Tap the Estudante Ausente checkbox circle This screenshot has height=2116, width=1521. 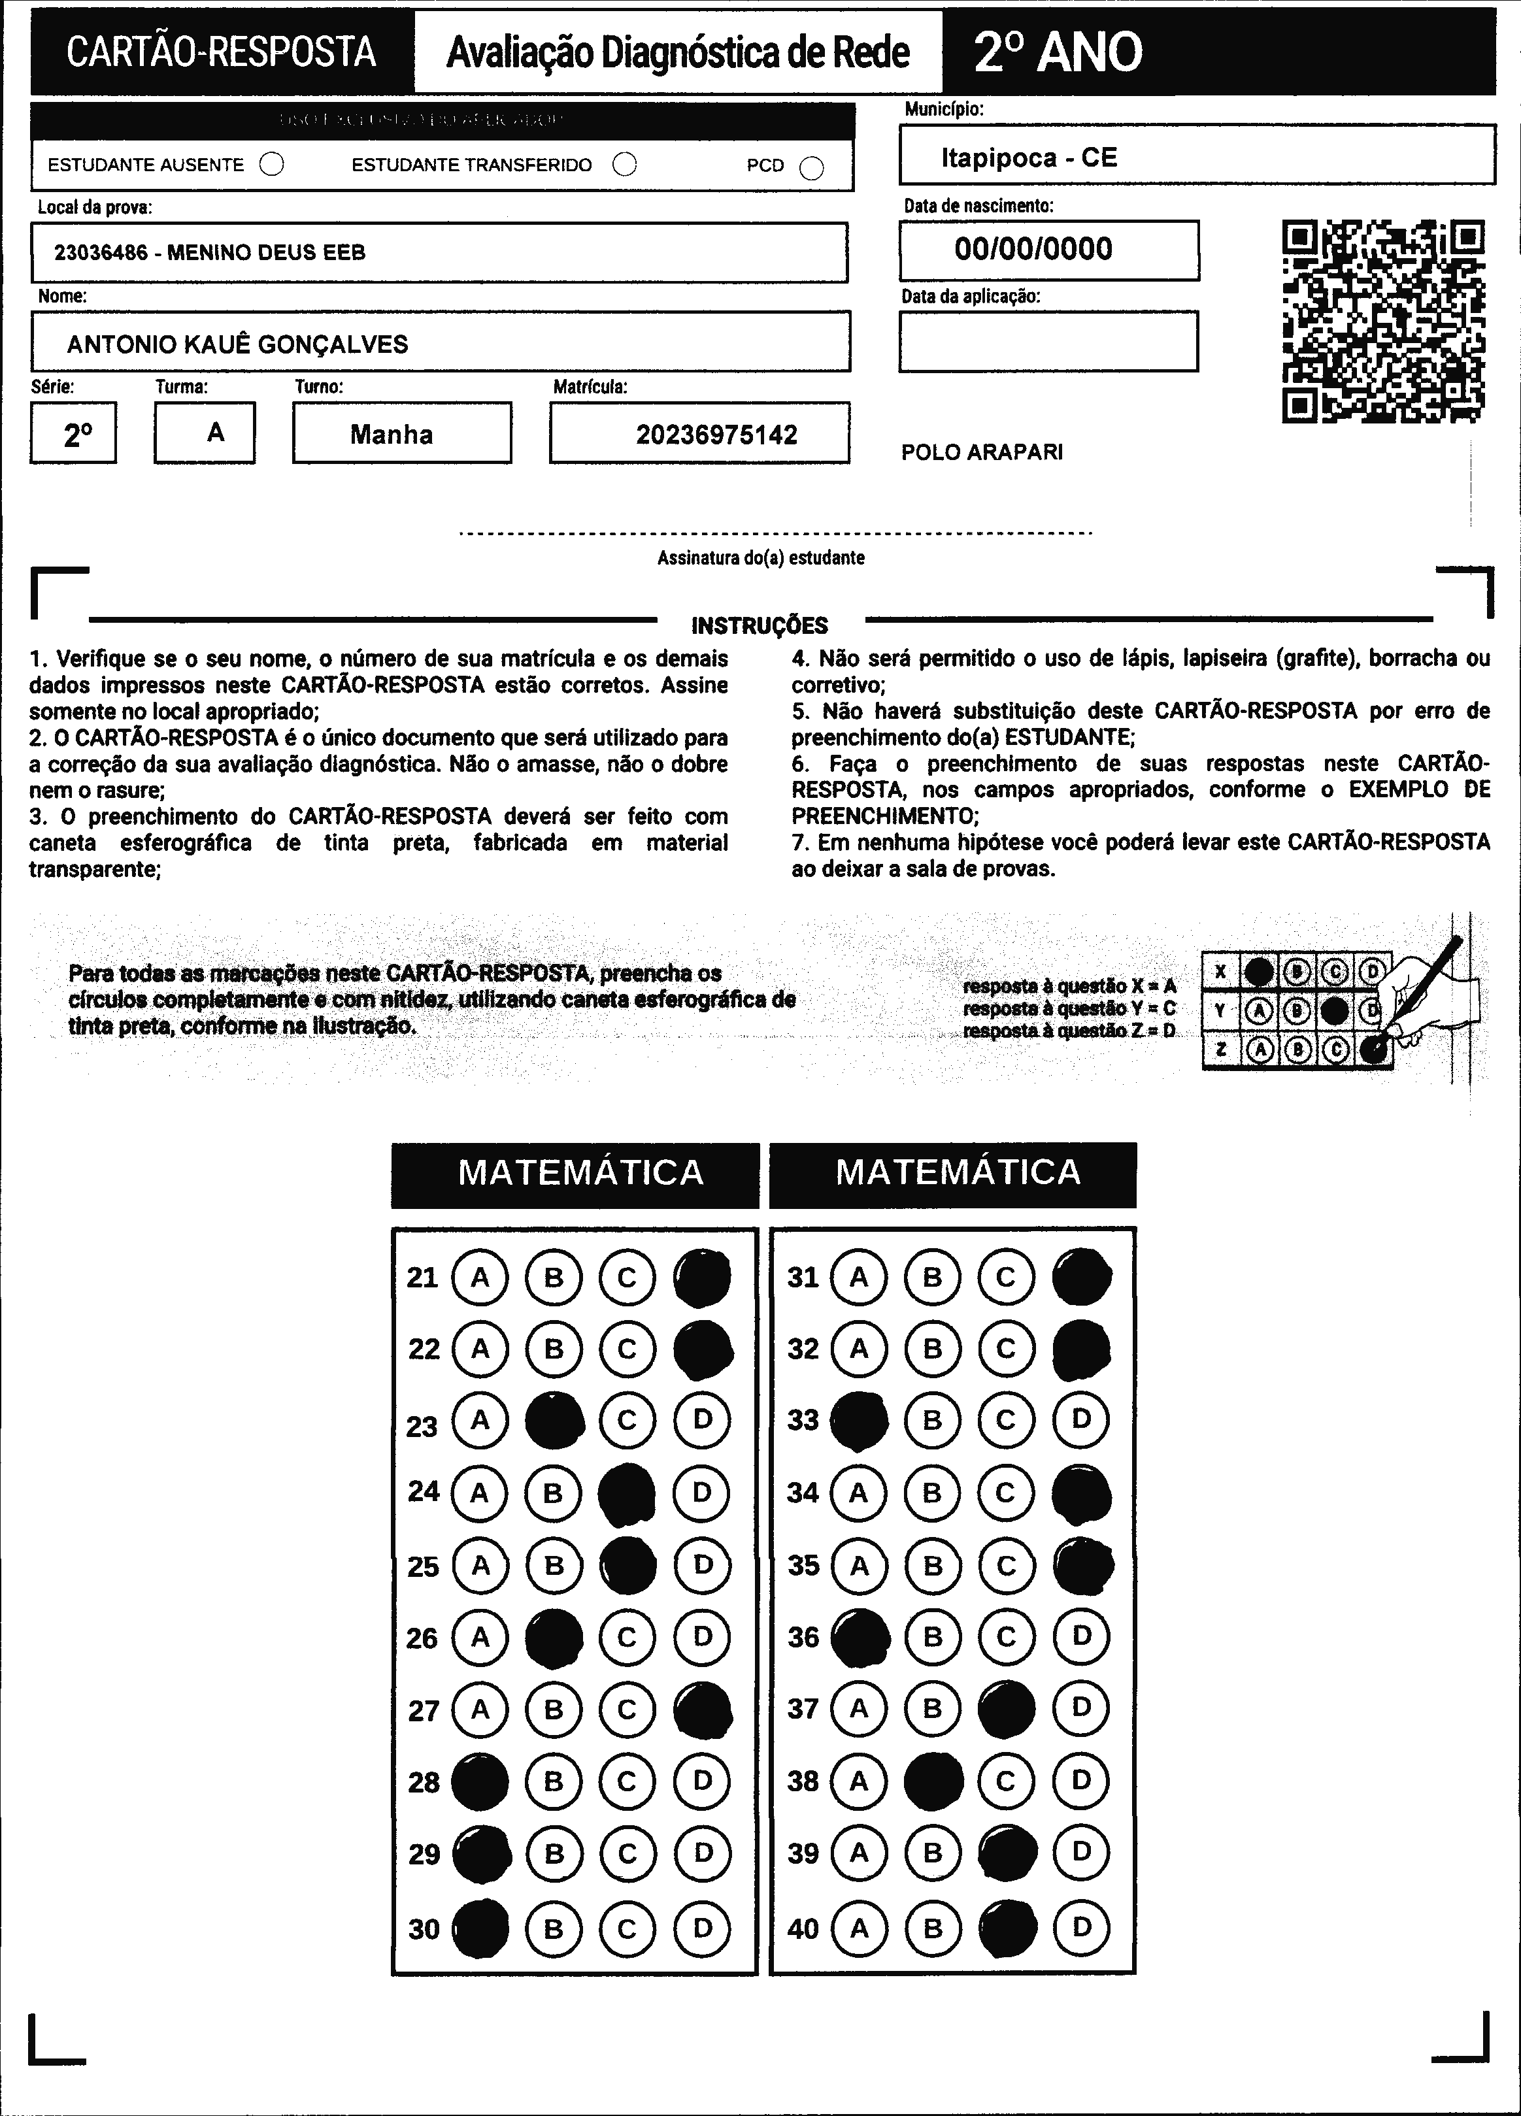[271, 165]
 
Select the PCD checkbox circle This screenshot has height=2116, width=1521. [812, 168]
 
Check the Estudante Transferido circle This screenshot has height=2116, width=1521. [624, 165]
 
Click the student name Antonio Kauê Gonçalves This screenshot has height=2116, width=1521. [237, 344]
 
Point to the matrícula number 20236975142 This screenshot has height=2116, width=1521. [716, 435]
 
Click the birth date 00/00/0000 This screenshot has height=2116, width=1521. [1033, 249]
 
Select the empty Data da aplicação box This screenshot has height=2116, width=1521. [1048, 342]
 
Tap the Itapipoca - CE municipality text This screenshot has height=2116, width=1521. [1028, 157]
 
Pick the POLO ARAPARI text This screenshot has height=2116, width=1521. [982, 452]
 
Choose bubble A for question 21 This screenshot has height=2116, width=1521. [480, 1278]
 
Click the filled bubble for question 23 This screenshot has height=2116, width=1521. [554, 1420]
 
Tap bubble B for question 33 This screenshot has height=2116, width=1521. [932, 1420]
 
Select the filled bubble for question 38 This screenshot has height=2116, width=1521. [933, 1780]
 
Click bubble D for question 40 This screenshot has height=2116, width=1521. [1082, 1928]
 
